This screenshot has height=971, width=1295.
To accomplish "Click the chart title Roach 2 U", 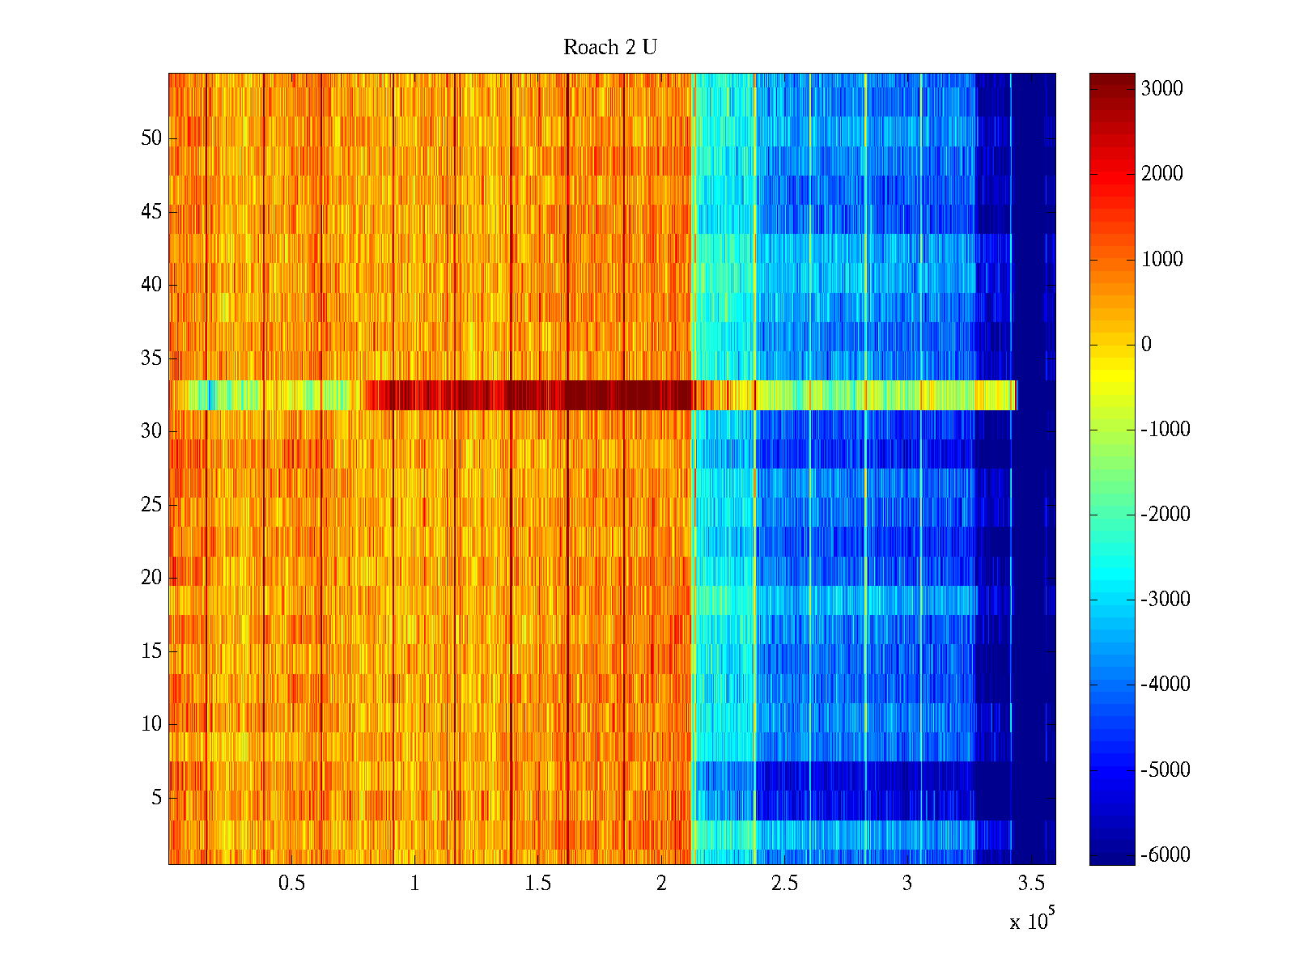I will coord(609,48).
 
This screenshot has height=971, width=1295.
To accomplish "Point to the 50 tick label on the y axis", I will coord(151,138).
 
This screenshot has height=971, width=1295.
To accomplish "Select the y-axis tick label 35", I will coord(151,358).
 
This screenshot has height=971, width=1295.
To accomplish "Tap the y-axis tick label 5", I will coord(156,798).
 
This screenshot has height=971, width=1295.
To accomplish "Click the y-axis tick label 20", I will coord(151,578).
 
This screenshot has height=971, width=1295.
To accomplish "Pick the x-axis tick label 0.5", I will coord(291,884).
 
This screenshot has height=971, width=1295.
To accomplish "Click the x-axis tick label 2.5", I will coord(784,884).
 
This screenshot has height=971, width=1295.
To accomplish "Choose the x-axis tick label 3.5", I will coord(1030,884).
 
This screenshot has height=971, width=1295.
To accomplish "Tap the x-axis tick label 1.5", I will coord(538,884).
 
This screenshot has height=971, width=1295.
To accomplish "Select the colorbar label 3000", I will coord(1162,89).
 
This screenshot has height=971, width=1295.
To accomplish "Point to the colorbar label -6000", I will coord(1165,855).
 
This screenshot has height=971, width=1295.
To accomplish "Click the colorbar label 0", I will coord(1146,345).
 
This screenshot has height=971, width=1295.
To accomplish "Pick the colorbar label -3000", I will coord(1165,600).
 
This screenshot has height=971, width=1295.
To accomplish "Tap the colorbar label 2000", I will coord(1162,174).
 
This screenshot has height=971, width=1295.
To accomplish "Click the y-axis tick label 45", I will coord(151,212).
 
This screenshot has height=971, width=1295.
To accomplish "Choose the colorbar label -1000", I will coord(1165,430).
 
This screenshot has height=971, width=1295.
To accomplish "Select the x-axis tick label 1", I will coord(414,884).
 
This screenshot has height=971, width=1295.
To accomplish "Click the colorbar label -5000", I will coord(1165,770).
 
